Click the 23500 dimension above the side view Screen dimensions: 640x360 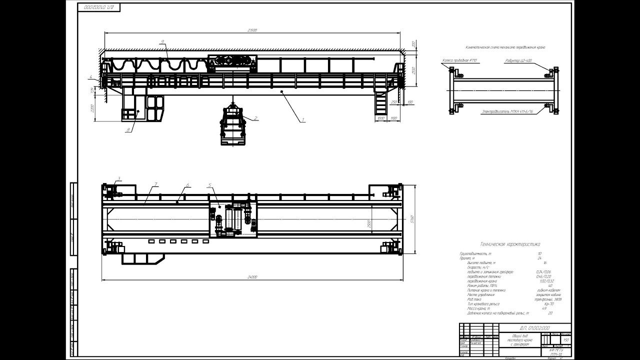[252, 31]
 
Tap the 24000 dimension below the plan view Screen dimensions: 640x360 [252, 276]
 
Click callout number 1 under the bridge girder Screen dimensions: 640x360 [302, 120]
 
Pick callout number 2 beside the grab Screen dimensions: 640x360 [256, 118]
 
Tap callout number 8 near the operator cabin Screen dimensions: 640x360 [128, 129]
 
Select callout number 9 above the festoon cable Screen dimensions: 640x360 [163, 42]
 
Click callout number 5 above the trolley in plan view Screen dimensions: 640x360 [210, 185]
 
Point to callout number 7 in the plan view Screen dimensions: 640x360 [156, 185]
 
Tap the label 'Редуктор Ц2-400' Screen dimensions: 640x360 [518, 60]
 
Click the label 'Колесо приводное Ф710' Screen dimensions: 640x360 [459, 60]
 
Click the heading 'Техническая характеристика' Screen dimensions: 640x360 [509, 245]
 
